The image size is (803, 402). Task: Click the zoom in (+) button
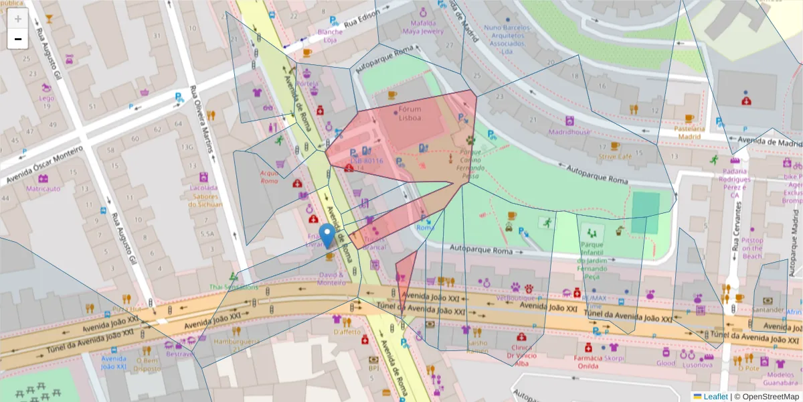(x=18, y=18)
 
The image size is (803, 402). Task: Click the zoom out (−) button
(x=18, y=39)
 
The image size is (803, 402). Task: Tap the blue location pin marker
(x=327, y=236)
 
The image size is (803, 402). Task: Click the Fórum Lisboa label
(x=410, y=113)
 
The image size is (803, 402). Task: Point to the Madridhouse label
(x=569, y=132)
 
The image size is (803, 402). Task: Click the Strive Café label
(x=615, y=157)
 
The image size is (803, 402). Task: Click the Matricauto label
(x=43, y=189)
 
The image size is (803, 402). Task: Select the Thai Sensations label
(x=234, y=287)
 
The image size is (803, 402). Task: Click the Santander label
(x=768, y=310)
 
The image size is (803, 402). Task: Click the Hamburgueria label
(x=236, y=341)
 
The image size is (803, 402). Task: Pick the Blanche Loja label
(x=330, y=36)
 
